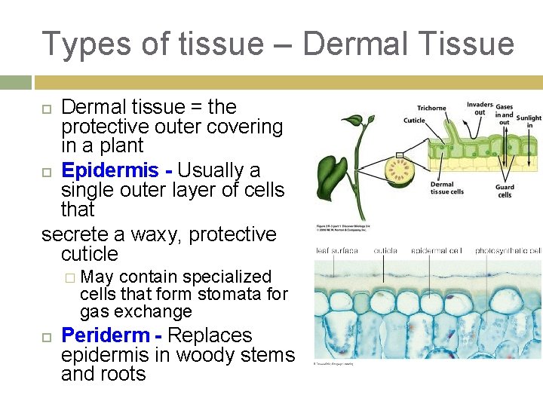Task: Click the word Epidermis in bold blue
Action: pos(109,171)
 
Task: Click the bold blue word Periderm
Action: pos(105,335)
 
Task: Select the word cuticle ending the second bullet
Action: pos(90,253)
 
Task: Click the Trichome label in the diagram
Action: pos(431,108)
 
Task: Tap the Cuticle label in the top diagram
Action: pos(414,121)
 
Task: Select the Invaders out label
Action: pos(480,109)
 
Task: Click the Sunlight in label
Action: pos(529,121)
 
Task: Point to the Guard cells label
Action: pos(505,191)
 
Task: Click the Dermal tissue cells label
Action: pos(446,188)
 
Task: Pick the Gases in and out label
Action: pos(505,115)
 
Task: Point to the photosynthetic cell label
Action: pos(508,250)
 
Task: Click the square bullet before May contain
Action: pos(69,277)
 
